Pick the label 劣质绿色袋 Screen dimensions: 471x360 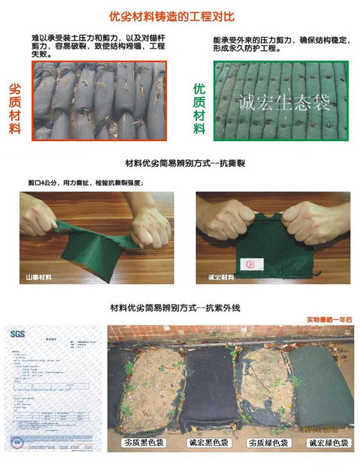268,443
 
